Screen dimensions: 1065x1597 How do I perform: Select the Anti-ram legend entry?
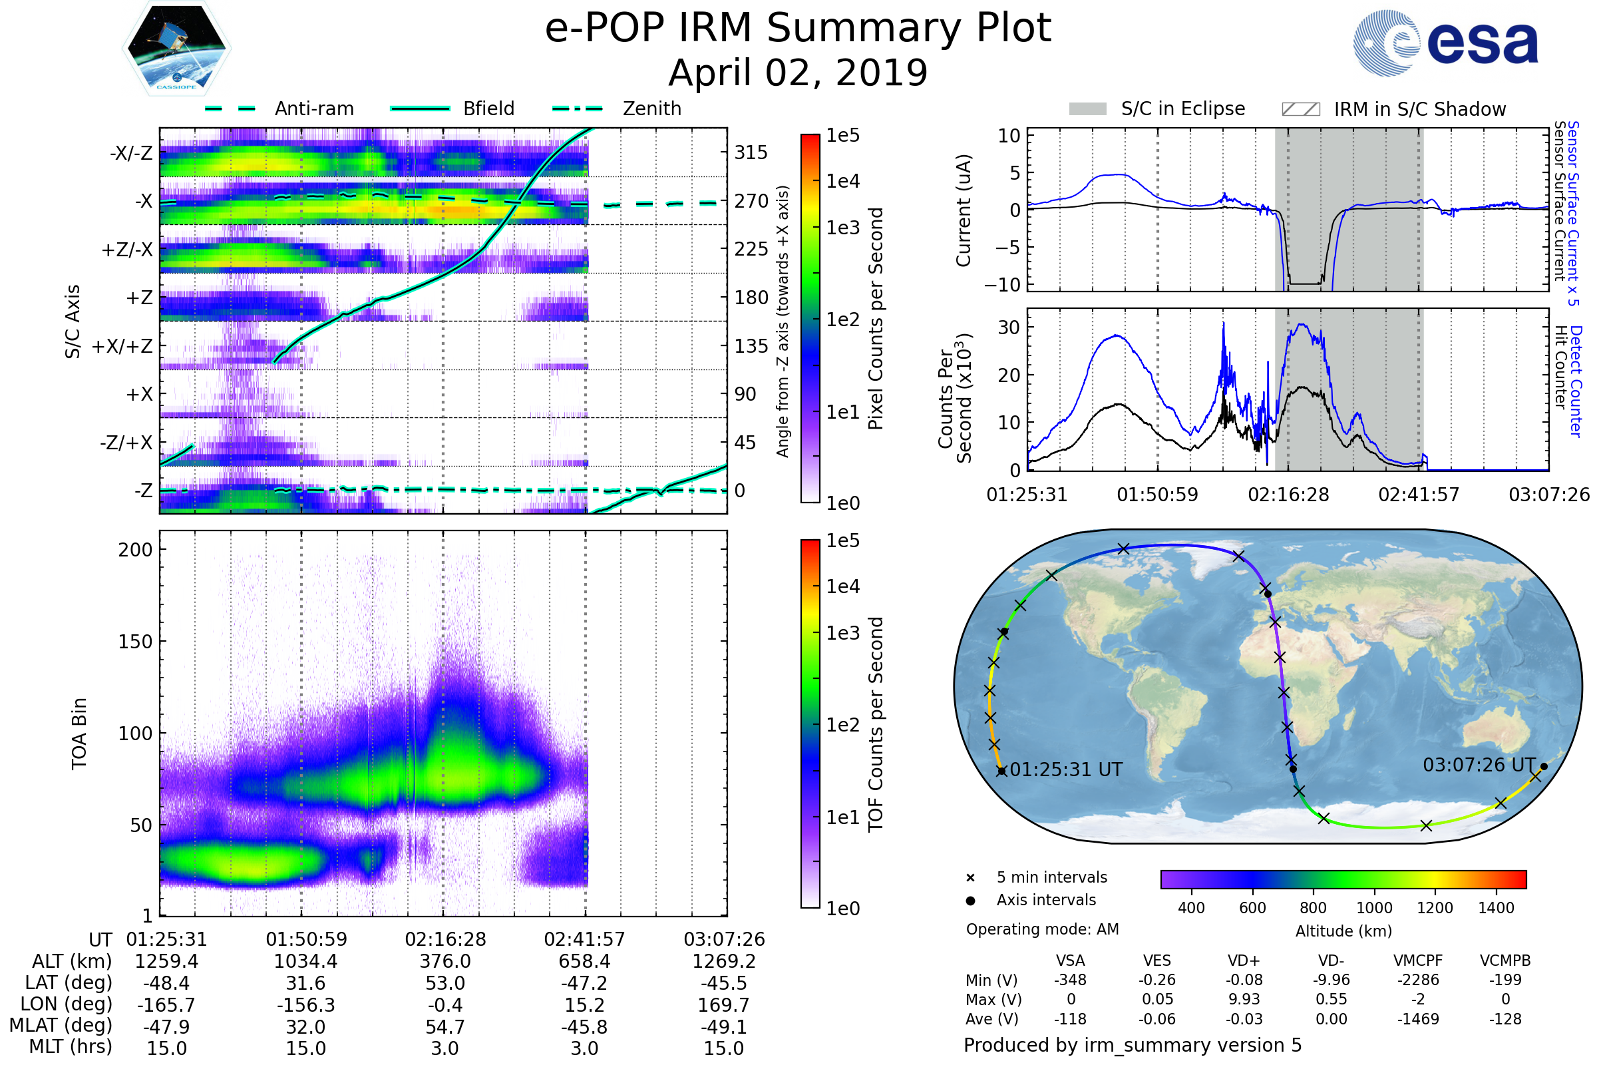(313, 108)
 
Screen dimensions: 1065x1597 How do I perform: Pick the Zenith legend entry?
(651, 108)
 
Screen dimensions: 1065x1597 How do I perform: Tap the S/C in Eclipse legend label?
(1183, 108)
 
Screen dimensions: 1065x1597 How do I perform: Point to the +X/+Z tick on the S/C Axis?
(122, 346)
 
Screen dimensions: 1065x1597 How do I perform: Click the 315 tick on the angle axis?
(751, 153)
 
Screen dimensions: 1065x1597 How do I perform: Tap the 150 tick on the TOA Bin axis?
(135, 642)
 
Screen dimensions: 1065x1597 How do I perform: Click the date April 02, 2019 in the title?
(798, 73)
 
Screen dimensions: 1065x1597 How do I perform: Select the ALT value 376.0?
(444, 962)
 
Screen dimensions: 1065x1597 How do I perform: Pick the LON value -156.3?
(305, 1005)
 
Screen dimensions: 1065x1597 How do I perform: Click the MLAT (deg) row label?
(61, 1026)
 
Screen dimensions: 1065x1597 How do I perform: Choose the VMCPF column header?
(1418, 961)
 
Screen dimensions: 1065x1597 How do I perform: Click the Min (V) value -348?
(1070, 980)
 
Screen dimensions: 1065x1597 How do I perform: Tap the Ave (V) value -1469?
(1418, 1020)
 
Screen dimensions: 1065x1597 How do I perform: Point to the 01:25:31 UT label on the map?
(1066, 770)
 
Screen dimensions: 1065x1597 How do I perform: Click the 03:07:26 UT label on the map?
(1479, 765)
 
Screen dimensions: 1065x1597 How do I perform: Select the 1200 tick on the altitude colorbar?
(1435, 908)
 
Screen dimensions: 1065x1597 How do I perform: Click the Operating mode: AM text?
(1042, 929)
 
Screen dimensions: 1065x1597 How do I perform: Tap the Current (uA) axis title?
(964, 210)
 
